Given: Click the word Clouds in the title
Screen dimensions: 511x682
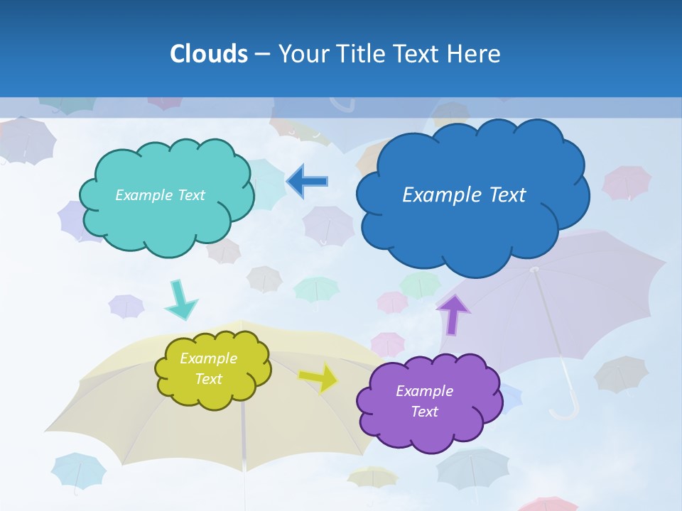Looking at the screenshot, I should tap(209, 54).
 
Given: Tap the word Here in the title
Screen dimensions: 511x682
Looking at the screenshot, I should tap(475, 54).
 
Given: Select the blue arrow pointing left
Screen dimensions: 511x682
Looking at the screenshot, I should tap(307, 182).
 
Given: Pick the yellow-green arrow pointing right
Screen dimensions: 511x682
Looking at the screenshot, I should tap(318, 378).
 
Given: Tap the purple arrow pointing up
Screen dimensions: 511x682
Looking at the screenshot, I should tap(453, 314).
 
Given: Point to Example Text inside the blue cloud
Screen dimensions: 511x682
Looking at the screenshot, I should tap(464, 194).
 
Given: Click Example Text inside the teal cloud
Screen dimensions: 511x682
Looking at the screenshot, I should tap(160, 195).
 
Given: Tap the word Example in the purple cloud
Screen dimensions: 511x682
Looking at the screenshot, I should tap(424, 391).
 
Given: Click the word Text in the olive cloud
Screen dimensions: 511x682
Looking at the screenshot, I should tap(208, 379).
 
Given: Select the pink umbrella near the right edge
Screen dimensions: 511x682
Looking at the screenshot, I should tap(627, 182).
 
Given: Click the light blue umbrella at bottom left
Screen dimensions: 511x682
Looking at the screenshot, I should tap(78, 471).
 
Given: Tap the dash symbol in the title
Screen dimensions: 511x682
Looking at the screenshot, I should tap(262, 55).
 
